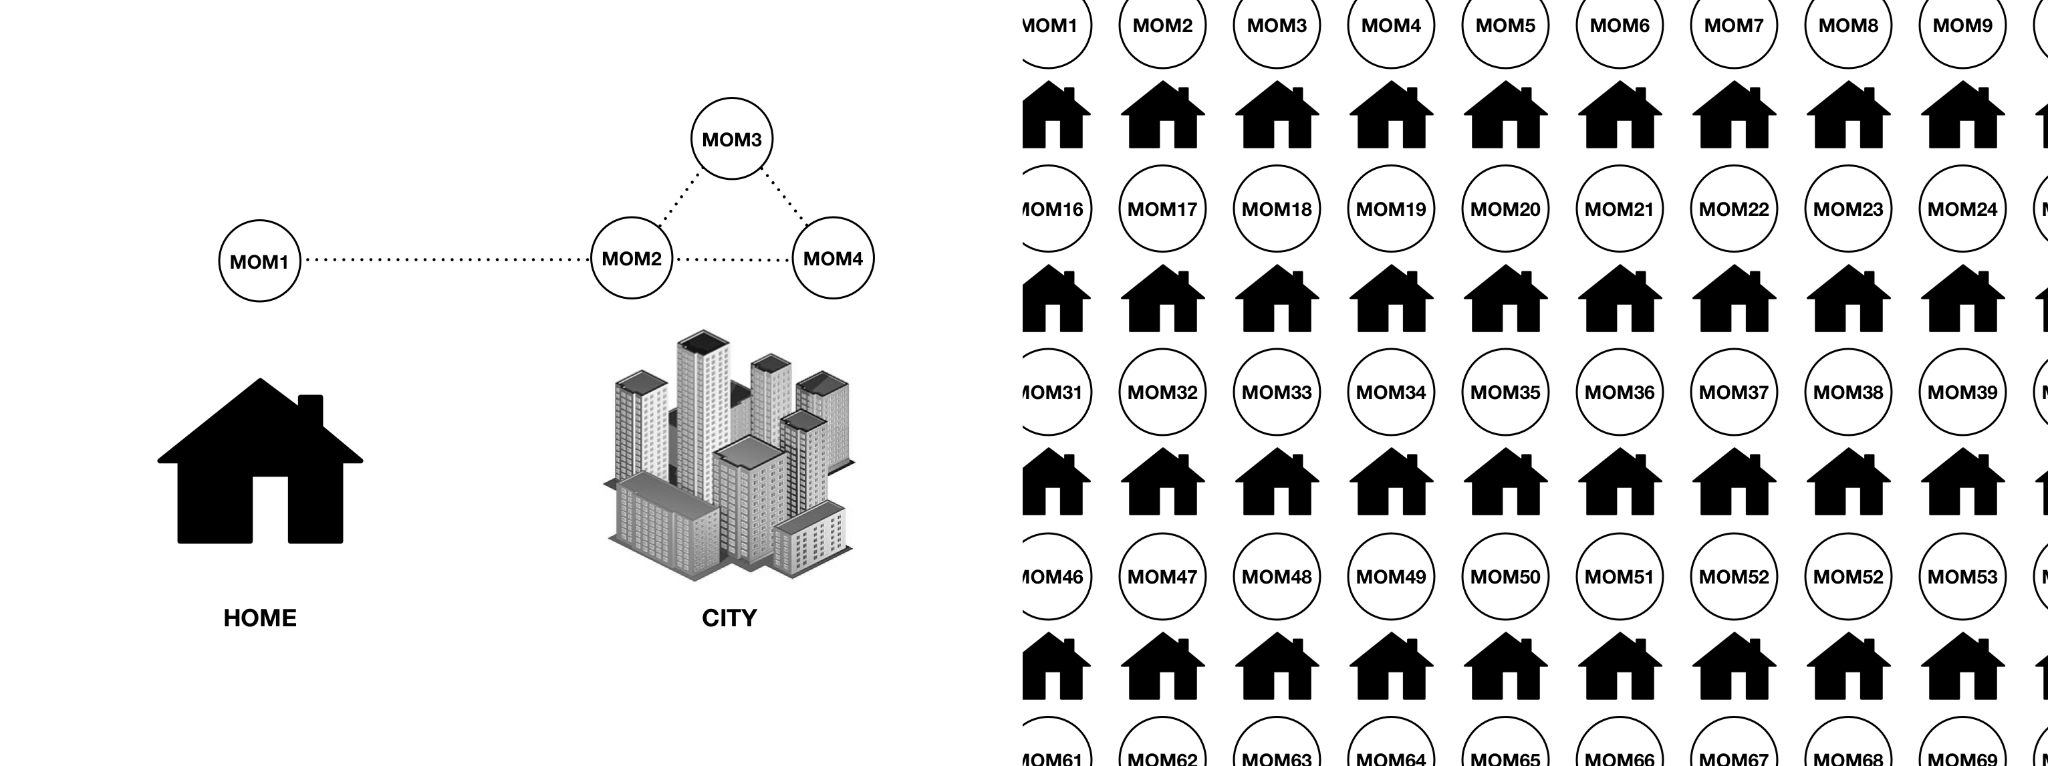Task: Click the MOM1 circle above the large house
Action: pos(259,261)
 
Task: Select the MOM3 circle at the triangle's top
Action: pos(731,139)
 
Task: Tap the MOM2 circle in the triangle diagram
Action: pos(631,259)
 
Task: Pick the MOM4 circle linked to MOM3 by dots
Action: pos(832,259)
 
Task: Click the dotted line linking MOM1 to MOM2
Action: pos(445,259)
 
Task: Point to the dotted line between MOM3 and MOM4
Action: pos(784,196)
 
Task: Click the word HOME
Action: pos(259,618)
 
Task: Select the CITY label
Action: pos(729,618)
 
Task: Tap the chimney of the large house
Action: pos(310,410)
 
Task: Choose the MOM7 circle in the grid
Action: pos(1733,25)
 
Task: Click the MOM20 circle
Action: pos(1505,209)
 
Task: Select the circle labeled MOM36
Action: pos(1620,392)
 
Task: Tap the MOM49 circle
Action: pos(1390,577)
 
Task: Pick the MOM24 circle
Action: pos(1962,209)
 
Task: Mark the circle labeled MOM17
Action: pos(1162,209)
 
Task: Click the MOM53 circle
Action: pos(1962,577)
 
